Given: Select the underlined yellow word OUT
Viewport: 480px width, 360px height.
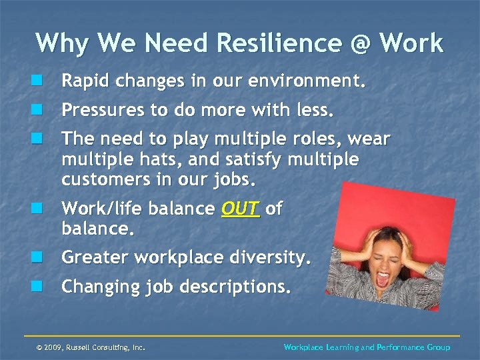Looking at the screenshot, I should tap(240, 209).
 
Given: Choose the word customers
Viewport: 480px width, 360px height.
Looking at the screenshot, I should tap(99, 180).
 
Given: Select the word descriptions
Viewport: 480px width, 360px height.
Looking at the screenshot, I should tap(237, 287).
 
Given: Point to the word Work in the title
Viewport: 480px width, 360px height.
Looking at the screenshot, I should tap(411, 43).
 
